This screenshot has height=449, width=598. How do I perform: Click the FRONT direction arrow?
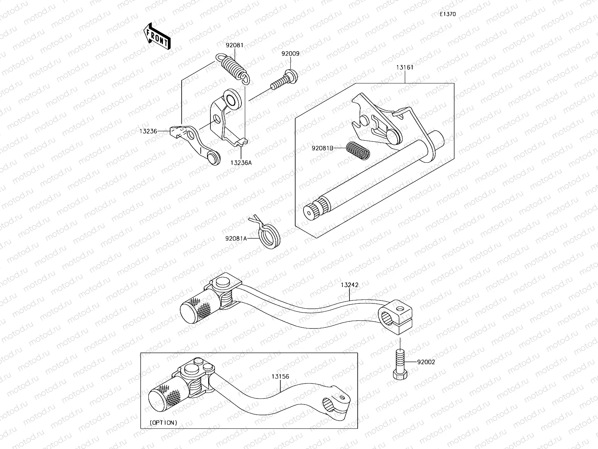(x=156, y=36)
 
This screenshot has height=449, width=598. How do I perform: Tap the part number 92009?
(x=290, y=54)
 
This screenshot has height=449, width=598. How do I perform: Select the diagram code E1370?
(x=447, y=14)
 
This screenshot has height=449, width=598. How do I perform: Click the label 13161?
(x=405, y=68)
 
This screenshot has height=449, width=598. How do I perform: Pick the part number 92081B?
(x=323, y=148)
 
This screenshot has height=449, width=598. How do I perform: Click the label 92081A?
(x=236, y=238)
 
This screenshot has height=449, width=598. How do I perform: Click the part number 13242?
(x=349, y=285)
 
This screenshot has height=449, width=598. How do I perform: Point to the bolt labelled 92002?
(x=400, y=363)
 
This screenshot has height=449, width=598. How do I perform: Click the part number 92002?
(x=426, y=362)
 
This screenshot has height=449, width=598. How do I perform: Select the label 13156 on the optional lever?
(x=280, y=377)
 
